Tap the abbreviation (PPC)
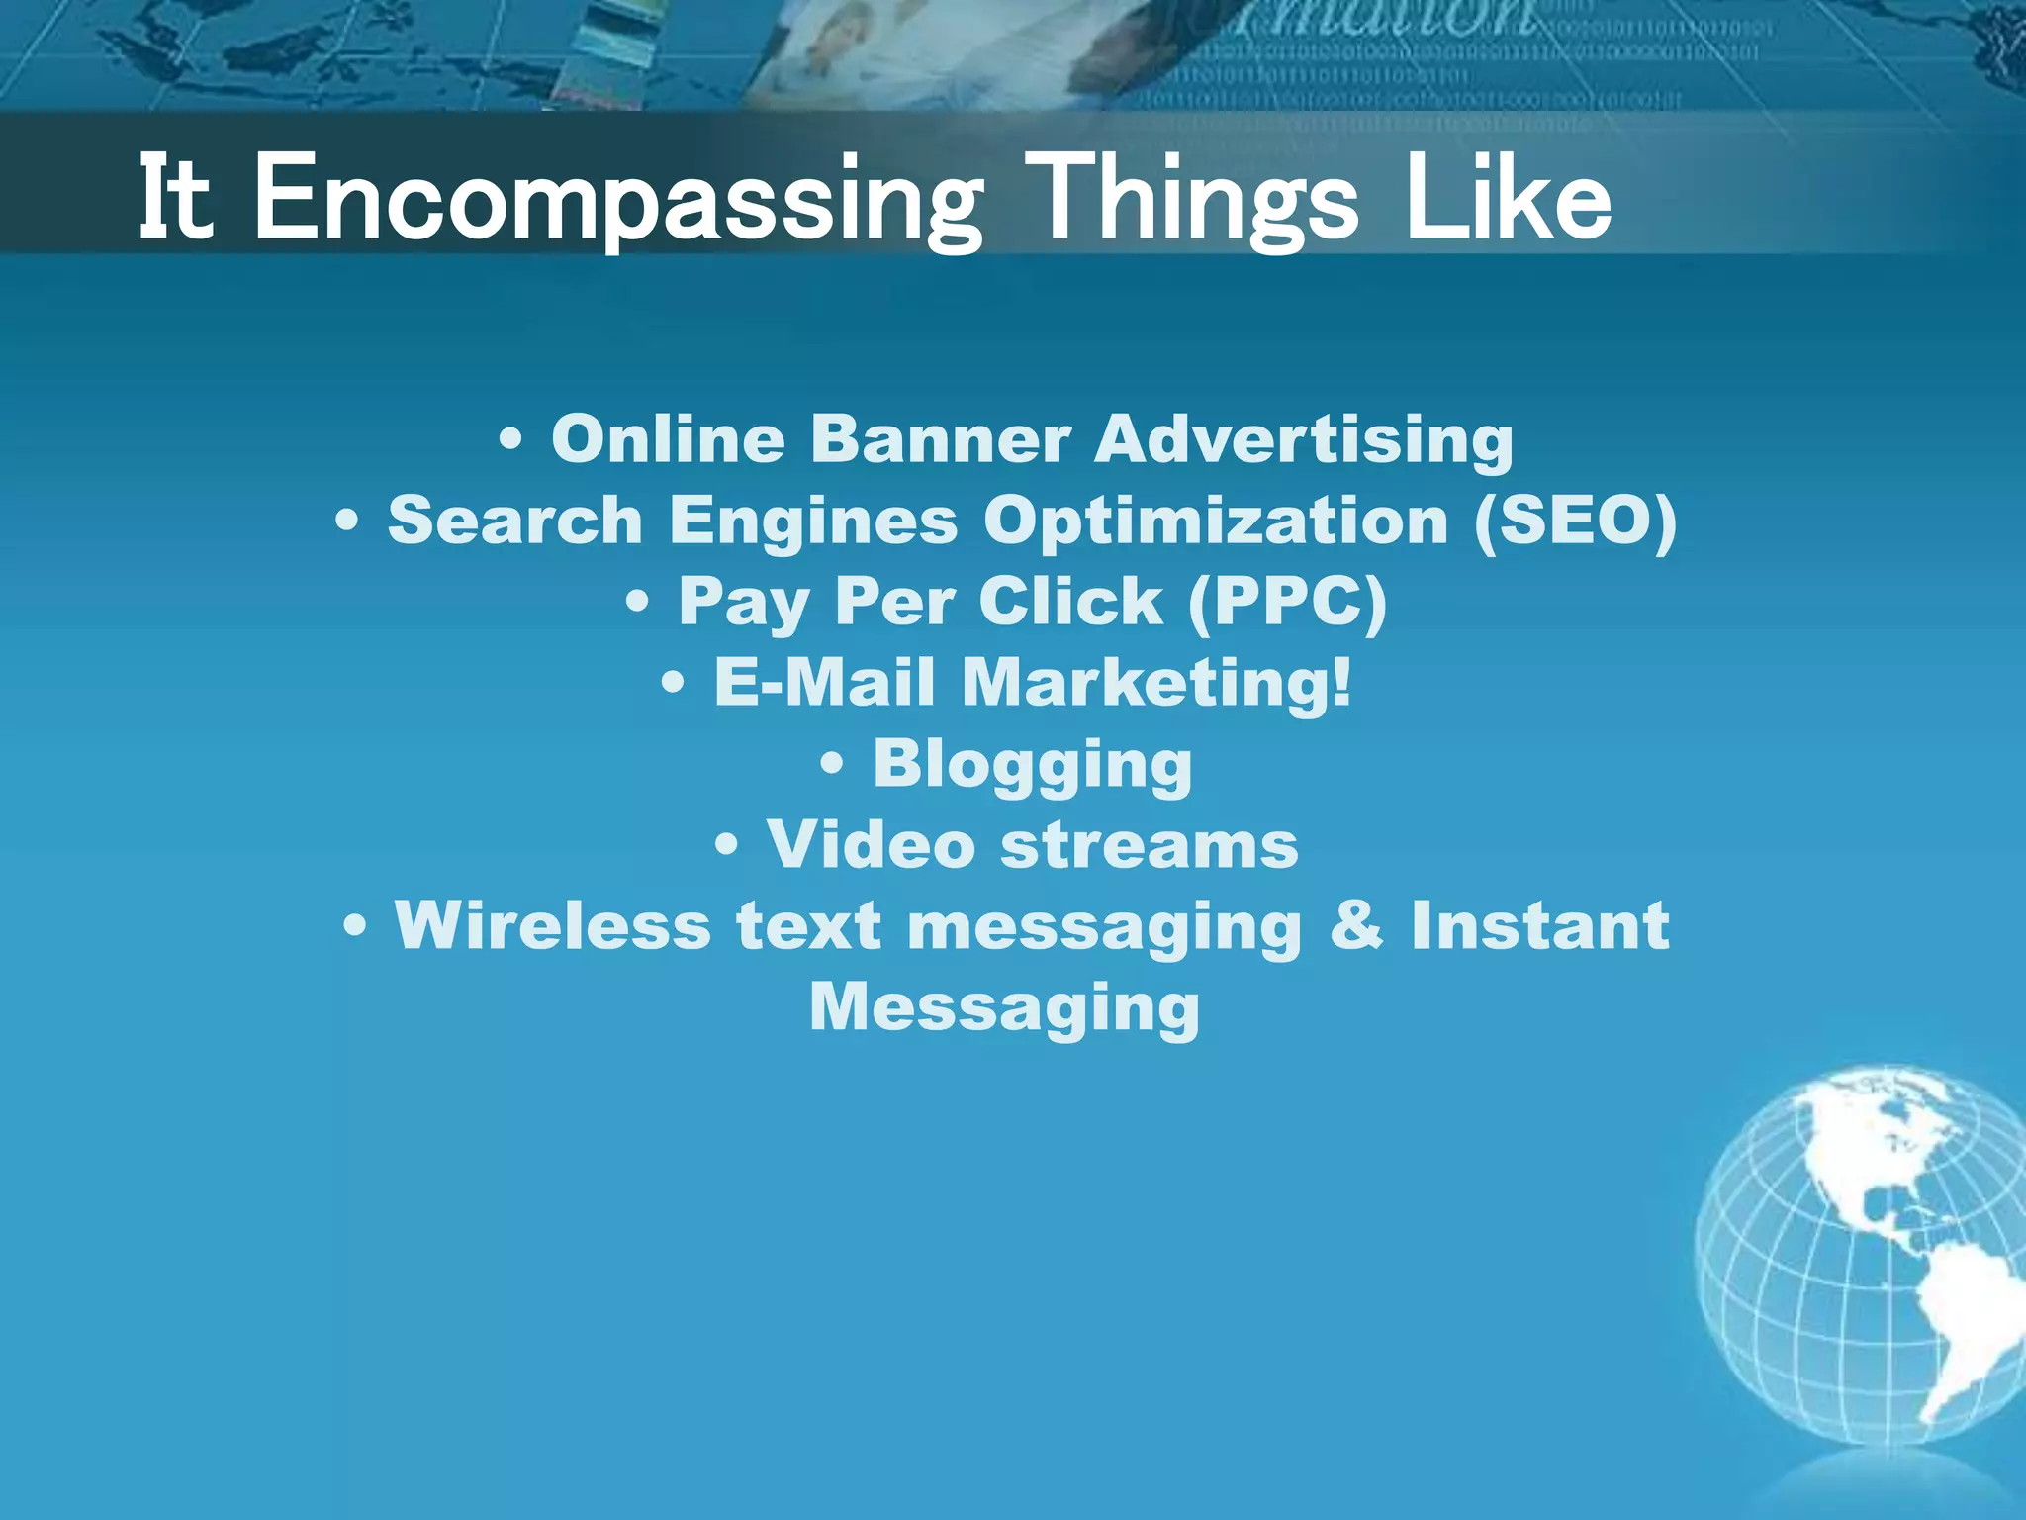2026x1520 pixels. [x=1287, y=601]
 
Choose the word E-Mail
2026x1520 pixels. [x=824, y=682]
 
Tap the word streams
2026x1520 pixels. [x=1149, y=846]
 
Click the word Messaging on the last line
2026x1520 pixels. [x=1004, y=1008]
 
